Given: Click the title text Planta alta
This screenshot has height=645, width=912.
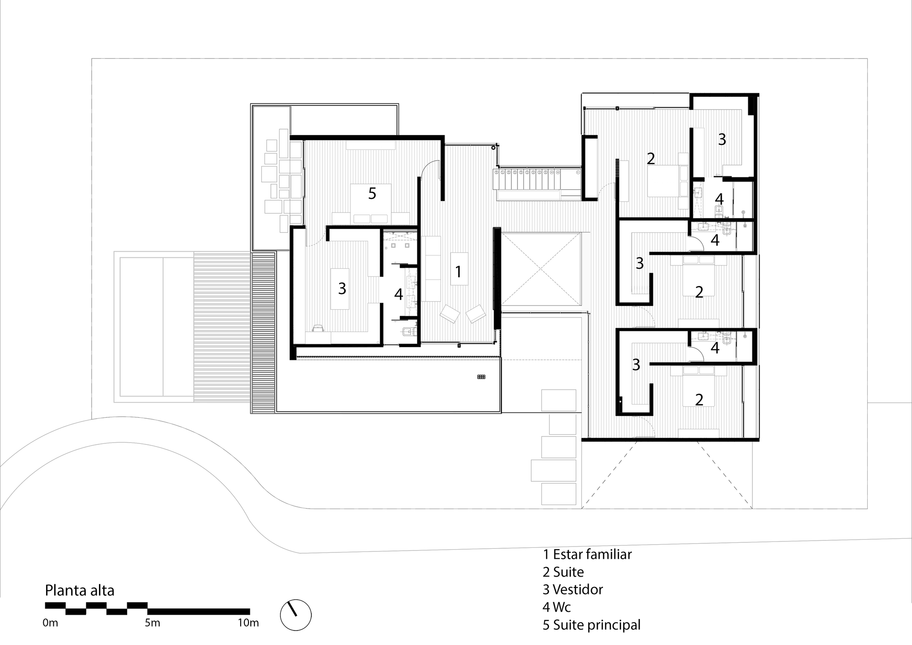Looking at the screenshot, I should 79,591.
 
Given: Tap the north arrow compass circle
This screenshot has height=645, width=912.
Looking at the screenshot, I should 295,615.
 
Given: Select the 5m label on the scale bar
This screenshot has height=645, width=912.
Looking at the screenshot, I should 152,623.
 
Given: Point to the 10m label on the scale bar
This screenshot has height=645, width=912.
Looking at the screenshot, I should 248,623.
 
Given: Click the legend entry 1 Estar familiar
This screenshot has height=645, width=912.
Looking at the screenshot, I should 587,554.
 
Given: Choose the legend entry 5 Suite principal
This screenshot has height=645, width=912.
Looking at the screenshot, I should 591,624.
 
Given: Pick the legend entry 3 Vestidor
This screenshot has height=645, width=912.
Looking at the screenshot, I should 573,589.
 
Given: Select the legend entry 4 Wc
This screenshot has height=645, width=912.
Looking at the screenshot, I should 557,607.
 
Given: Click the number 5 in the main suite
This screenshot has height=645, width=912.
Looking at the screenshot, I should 372,193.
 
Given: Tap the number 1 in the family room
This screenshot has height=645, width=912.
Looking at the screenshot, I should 458,272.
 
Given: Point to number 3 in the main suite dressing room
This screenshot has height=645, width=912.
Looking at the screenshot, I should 342,288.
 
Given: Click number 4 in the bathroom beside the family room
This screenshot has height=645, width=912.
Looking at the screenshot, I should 399,295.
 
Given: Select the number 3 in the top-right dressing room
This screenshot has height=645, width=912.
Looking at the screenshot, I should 722,140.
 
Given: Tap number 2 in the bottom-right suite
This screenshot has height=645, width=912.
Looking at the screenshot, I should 699,400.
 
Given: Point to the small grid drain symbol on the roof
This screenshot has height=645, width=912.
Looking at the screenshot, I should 481,377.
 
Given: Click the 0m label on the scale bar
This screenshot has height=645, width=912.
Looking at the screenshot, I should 51,623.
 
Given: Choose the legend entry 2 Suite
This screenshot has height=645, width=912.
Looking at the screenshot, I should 563,572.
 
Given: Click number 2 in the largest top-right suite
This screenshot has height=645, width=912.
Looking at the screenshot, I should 651,158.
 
